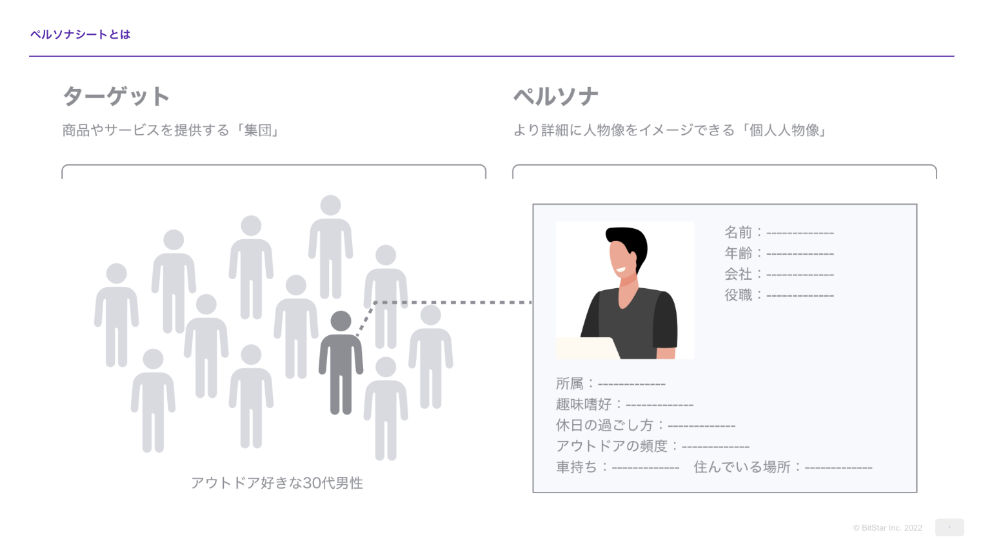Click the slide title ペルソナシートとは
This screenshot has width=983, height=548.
(x=80, y=35)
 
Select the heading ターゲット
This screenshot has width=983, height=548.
(x=116, y=97)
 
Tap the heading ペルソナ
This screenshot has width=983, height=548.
(x=556, y=97)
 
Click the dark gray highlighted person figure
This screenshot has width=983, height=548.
(x=341, y=364)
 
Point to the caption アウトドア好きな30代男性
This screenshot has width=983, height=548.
(x=277, y=483)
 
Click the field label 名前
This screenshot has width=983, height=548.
(x=738, y=232)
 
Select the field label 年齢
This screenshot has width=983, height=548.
(x=738, y=253)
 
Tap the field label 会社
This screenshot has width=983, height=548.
(x=738, y=274)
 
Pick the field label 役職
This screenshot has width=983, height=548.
(x=738, y=295)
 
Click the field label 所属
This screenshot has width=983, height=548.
(x=570, y=384)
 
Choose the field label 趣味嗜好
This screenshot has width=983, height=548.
(x=584, y=404)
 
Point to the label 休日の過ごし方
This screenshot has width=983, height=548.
(x=604, y=426)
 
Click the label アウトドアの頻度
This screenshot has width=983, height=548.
(x=611, y=446)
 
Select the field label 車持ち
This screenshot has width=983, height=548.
(x=577, y=467)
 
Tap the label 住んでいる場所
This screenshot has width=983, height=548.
(x=742, y=467)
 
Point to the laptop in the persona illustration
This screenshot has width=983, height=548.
(x=586, y=348)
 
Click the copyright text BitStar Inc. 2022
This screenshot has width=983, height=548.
(x=888, y=528)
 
